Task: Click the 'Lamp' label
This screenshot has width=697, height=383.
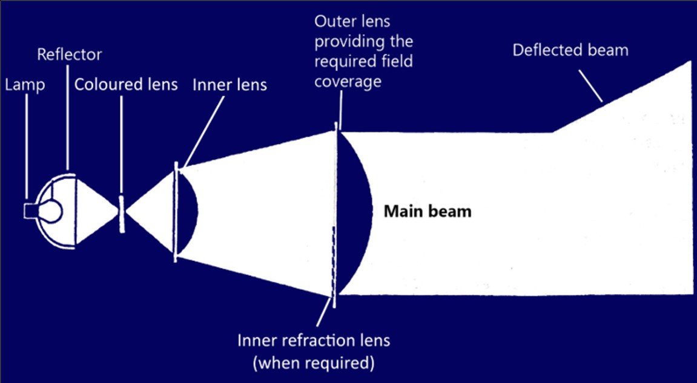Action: pos(25,85)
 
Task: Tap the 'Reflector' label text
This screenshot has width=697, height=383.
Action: pos(70,54)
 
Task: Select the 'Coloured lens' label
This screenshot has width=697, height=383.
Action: pos(126,84)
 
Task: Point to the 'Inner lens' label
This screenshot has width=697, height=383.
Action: pos(230,85)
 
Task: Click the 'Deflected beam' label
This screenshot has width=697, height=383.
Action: pos(570,50)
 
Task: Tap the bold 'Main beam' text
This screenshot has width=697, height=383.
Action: pos(428,212)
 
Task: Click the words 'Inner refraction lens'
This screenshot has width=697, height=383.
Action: pos(314,340)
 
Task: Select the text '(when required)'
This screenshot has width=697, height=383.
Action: pos(314,363)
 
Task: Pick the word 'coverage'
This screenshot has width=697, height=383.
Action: pos(348,81)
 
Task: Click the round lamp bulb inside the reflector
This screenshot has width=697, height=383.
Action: pos(51,211)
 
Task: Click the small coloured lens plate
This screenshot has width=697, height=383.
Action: pos(121,213)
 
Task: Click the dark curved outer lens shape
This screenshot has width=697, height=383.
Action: pos(357,212)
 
